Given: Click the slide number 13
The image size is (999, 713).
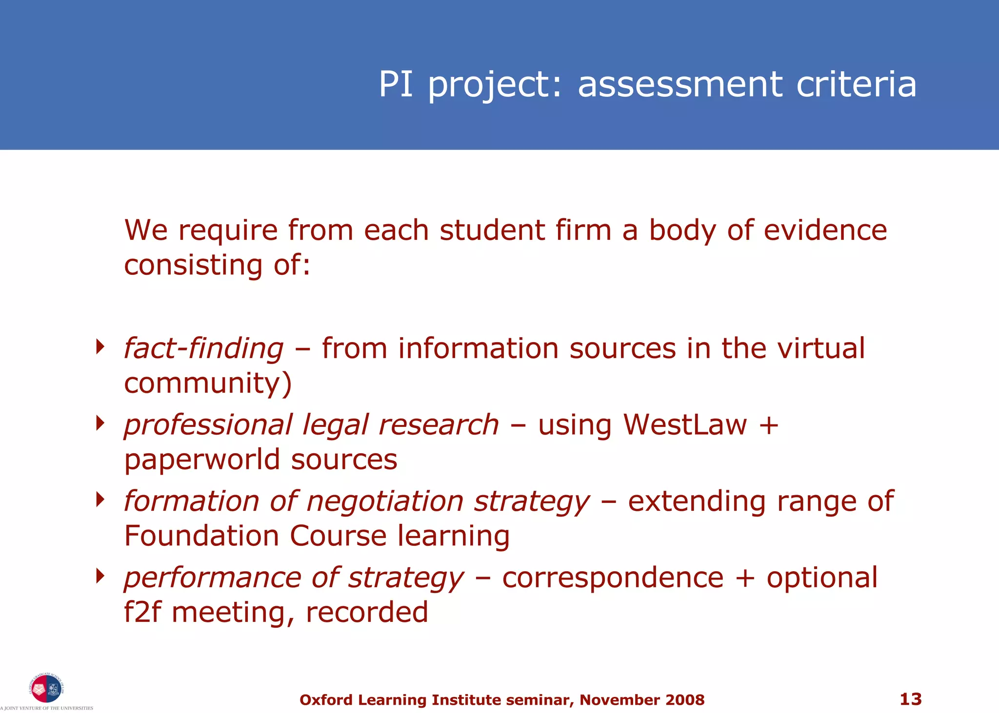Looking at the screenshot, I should [910, 699].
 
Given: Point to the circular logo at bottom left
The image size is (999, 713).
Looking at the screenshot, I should [46, 689].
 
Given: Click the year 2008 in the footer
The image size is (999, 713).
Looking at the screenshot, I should [685, 700].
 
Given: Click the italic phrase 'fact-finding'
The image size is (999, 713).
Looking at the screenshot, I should [203, 349].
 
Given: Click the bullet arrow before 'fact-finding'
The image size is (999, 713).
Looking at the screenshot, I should [100, 347].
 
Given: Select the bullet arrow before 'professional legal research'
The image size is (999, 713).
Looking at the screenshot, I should [100, 423].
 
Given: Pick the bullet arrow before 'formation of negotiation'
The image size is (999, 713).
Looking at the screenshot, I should [100, 499].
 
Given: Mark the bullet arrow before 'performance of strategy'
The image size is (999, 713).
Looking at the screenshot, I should [100, 576].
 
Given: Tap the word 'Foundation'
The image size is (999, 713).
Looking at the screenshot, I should [201, 536].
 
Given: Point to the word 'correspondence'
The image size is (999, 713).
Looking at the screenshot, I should [613, 578].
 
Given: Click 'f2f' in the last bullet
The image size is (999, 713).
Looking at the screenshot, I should [142, 612].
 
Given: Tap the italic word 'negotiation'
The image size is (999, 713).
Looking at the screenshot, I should [385, 501].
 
